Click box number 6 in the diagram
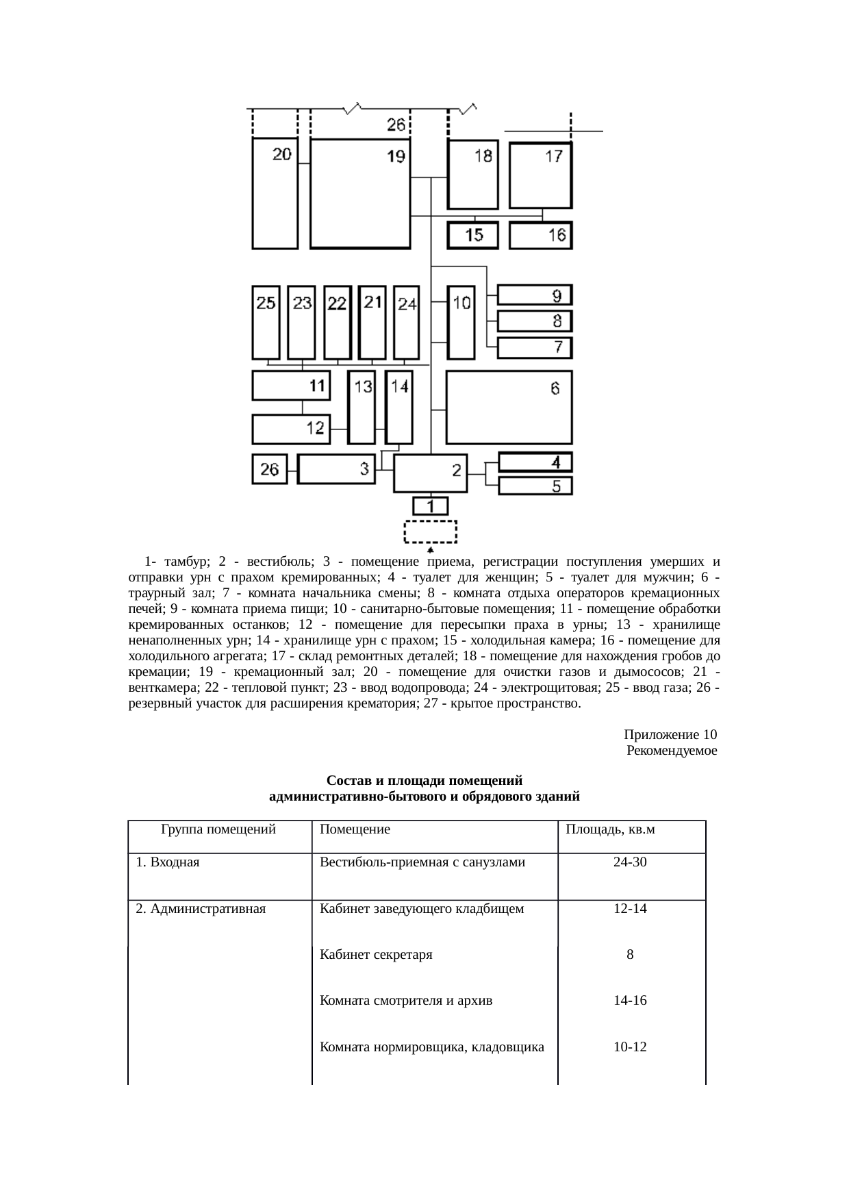pyautogui.click(x=509, y=408)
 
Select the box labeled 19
pyautogui.click(x=359, y=193)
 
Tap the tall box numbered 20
pyautogui.click(x=275, y=193)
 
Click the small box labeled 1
pyautogui.click(x=430, y=507)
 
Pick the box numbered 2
pyautogui.click(x=430, y=473)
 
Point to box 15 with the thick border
pyautogui.click(x=473, y=236)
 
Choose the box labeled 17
pyautogui.click(x=540, y=175)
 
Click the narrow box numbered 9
pyautogui.click(x=534, y=295)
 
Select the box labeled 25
pyautogui.click(x=266, y=322)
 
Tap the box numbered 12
pyautogui.click(x=291, y=429)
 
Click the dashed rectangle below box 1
pyautogui.click(x=430, y=531)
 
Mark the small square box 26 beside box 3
pyautogui.click(x=270, y=469)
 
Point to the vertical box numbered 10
pyautogui.click(x=461, y=322)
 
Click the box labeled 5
pyautogui.click(x=535, y=486)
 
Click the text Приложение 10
pyautogui.click(x=670, y=735)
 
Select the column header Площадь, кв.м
pyautogui.click(x=609, y=830)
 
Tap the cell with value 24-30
pyautogui.click(x=630, y=862)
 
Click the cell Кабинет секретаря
pyautogui.click(x=376, y=955)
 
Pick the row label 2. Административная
pyautogui.click(x=201, y=909)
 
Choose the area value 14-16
pyautogui.click(x=630, y=1001)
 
